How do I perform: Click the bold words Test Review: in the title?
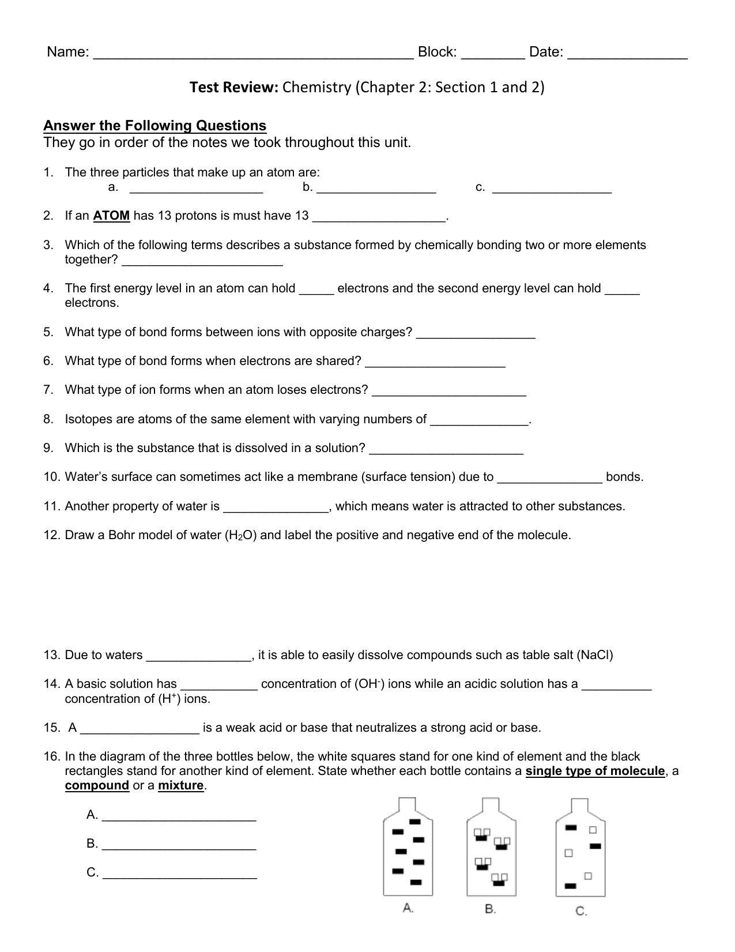(234, 87)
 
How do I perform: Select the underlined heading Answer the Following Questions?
(154, 126)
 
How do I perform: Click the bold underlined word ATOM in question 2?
(111, 216)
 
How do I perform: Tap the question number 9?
(48, 448)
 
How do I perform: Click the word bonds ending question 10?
(624, 477)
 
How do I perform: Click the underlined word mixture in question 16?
(180, 785)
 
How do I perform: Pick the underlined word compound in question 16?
(97, 785)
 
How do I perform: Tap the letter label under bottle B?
(491, 909)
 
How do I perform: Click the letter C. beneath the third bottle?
(581, 911)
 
